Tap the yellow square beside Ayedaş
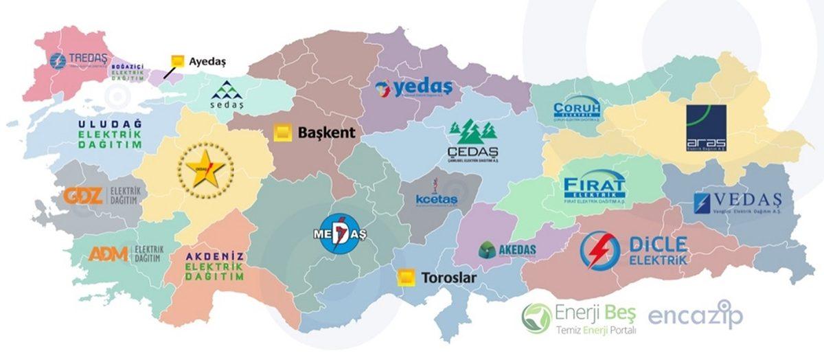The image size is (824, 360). click(x=178, y=60)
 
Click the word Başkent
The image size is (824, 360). click(x=326, y=133)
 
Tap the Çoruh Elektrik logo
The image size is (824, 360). click(x=577, y=109)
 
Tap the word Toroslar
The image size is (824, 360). click(x=450, y=277)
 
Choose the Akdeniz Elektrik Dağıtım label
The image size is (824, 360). click(x=215, y=267)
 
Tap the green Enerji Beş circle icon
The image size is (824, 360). click(x=536, y=317)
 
